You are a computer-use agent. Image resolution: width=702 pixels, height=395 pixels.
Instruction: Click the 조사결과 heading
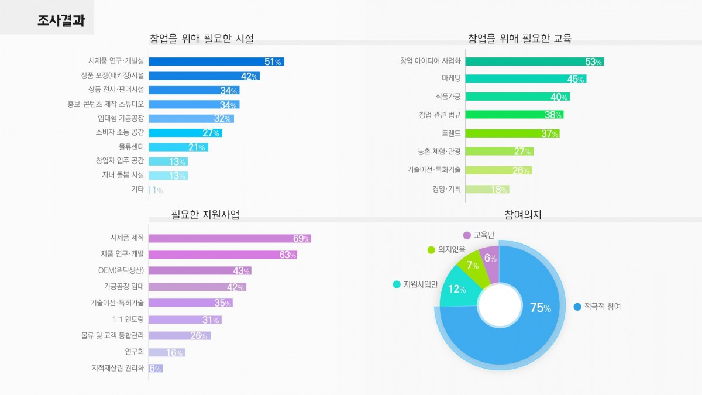pos(61,21)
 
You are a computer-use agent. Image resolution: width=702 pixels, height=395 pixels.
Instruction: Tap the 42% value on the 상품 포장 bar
pos(250,76)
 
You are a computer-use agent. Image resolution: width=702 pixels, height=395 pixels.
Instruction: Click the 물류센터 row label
pos(131,147)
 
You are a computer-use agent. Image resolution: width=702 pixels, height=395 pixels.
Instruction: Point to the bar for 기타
pos(150,190)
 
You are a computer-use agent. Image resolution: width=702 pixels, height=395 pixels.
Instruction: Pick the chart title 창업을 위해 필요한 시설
pos(202,39)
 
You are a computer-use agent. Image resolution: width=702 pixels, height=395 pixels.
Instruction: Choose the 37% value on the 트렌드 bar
pos(550,134)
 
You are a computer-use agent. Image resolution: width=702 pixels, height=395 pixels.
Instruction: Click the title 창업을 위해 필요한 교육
pos(519,39)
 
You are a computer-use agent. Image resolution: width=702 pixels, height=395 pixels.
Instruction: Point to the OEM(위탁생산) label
pos(121,270)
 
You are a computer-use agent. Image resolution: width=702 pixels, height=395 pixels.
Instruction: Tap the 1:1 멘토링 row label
pos(128,320)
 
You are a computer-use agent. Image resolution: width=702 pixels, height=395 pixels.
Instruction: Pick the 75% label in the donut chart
pos(540,308)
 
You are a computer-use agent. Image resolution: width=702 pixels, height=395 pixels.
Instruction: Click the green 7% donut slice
pos(470,267)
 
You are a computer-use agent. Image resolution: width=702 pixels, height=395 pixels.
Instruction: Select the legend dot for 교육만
pos(467,235)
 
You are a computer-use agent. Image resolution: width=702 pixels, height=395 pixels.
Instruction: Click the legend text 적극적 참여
pos(603,307)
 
